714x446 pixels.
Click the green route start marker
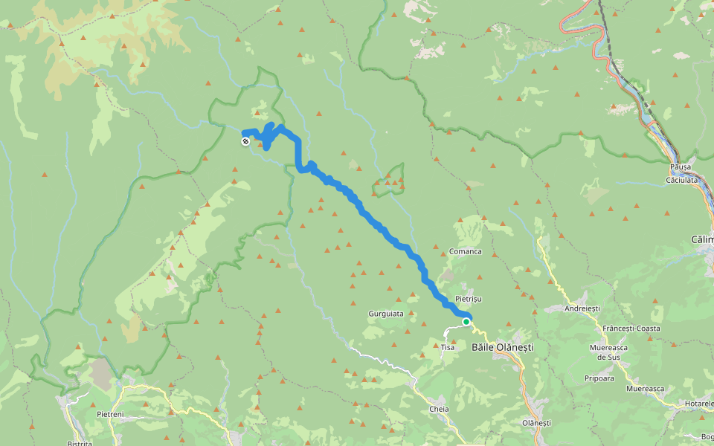(466, 322)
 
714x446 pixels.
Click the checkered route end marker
(245, 140)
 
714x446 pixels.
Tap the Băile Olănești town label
(504, 347)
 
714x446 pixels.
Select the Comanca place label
(465, 251)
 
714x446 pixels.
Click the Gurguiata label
(386, 314)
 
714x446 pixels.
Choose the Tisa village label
(448, 347)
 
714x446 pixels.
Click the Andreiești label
(582, 308)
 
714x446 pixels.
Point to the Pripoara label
(599, 378)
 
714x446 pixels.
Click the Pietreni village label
(109, 414)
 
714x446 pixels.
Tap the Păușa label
(680, 167)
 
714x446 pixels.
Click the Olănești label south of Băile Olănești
(536, 422)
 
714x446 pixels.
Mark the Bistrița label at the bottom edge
(80, 443)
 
